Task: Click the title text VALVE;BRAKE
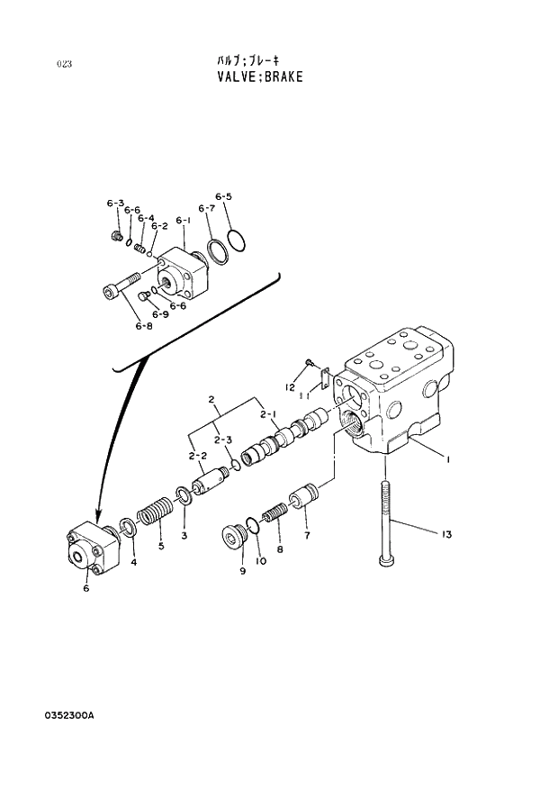click(259, 77)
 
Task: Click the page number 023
click(64, 63)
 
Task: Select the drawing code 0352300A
click(68, 715)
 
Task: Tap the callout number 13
click(445, 535)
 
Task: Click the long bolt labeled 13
click(386, 522)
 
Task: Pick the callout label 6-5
click(223, 196)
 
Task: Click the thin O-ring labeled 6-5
click(237, 241)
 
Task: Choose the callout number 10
click(261, 562)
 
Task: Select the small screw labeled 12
click(309, 362)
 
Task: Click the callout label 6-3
click(114, 204)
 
